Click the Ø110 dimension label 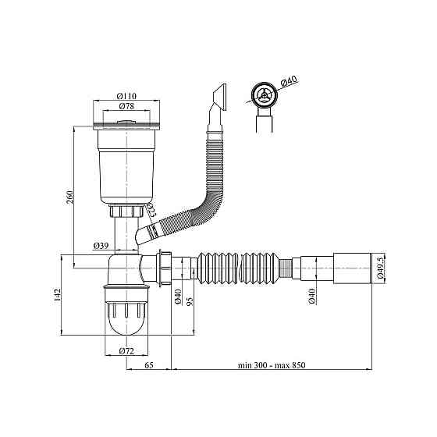pos(126,96)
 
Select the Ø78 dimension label pos(126,106)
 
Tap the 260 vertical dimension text pos(70,197)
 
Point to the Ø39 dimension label pos(101,246)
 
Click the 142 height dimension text pos(57,295)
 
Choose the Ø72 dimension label pos(126,351)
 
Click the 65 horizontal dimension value pos(149,365)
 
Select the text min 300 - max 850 pos(272,365)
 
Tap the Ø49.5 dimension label pos(381,268)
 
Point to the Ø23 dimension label pos(151,211)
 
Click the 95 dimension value pos(190,301)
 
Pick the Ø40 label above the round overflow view pos(289,81)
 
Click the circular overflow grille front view pos(264,95)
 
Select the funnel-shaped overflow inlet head pos(219,98)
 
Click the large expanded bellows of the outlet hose pos(238,268)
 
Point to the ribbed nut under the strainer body pos(126,211)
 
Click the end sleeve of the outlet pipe pos(353,268)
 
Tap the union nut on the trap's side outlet pos(164,268)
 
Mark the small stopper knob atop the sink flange pos(126,122)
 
